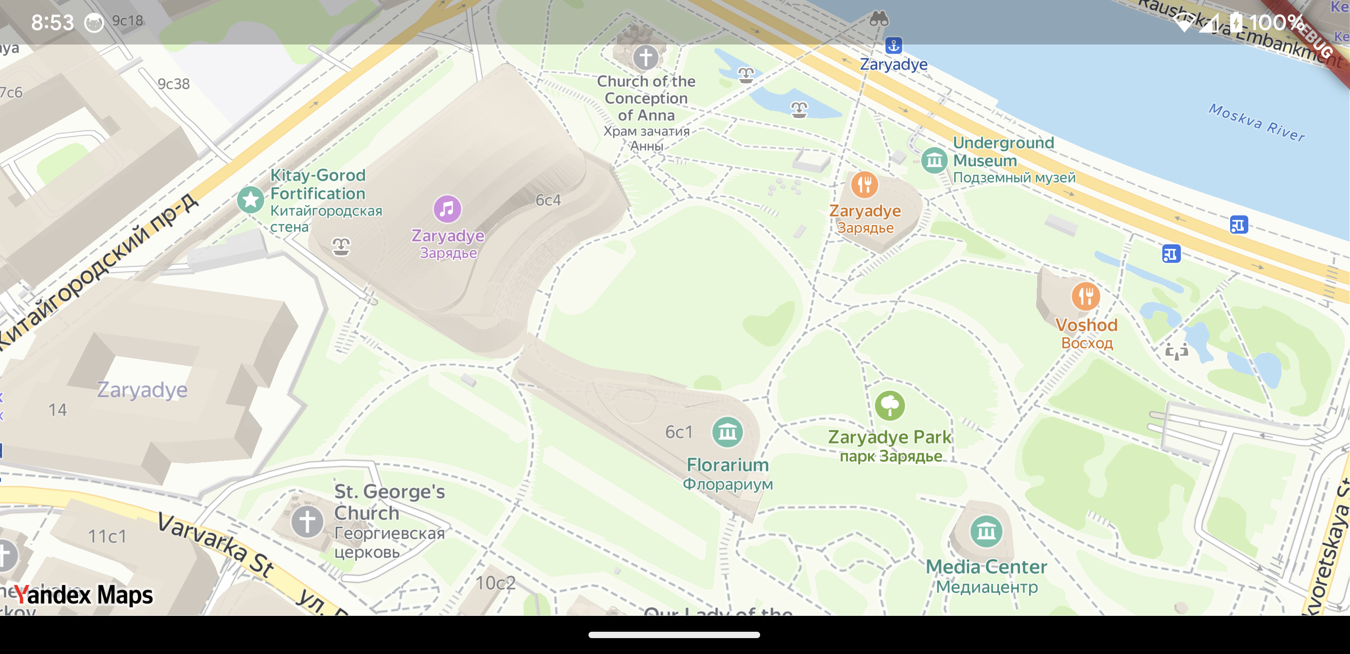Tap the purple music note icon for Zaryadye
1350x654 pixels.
447,209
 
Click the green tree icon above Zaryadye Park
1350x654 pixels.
890,406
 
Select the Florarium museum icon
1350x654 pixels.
727,432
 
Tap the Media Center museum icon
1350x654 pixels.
986,531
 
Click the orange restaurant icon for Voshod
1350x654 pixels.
1085,297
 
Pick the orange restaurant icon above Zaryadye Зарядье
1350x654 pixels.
864,184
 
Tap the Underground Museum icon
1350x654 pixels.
935,160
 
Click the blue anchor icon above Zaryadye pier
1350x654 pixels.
894,45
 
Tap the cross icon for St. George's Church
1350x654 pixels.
307,521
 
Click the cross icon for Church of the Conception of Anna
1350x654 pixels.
645,57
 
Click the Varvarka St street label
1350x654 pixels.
215,545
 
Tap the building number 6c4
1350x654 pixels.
548,200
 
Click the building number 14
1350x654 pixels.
58,410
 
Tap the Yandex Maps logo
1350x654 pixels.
84,595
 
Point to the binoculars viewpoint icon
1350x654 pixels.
879,19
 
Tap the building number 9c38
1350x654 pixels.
173,84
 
